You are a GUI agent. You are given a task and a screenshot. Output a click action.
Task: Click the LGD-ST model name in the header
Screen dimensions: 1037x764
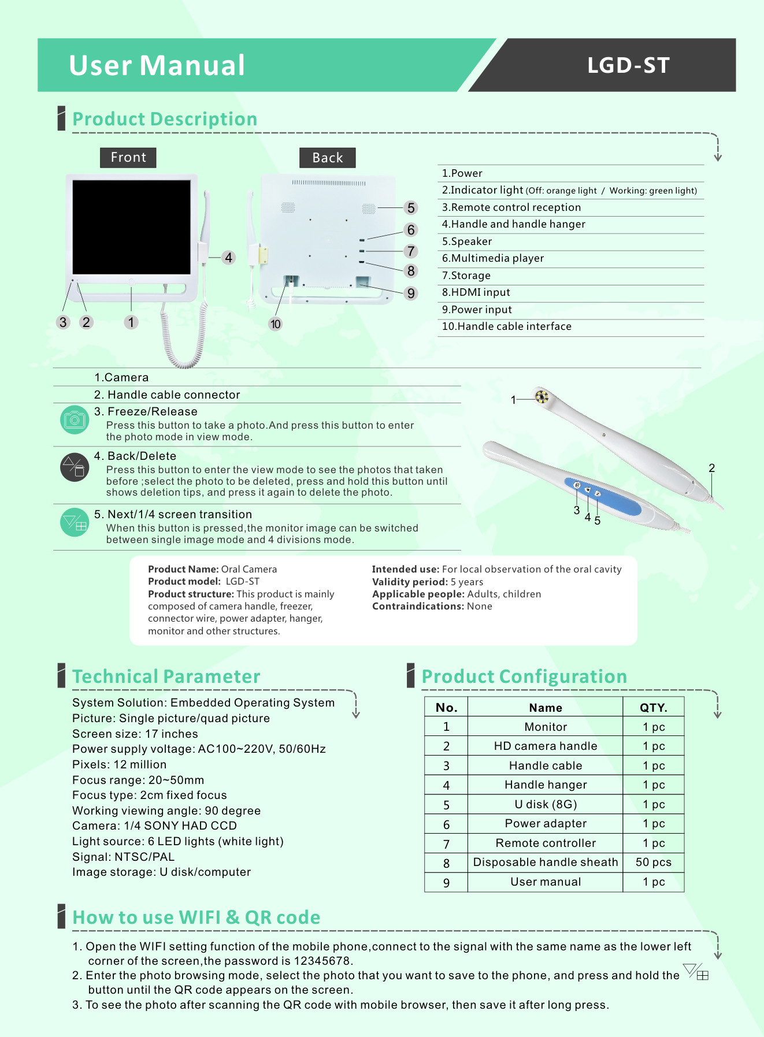[x=628, y=65]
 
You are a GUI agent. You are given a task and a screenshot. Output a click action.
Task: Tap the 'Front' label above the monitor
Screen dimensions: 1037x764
[x=128, y=157]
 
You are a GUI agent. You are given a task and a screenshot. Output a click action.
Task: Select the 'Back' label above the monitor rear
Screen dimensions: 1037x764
[x=327, y=158]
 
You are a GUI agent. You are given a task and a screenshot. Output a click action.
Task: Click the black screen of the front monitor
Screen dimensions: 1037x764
[x=131, y=226]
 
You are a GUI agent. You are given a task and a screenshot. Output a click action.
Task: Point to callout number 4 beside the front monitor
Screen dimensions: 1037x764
[x=229, y=258]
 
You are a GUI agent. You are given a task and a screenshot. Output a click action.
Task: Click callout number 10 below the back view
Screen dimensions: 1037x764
[x=276, y=324]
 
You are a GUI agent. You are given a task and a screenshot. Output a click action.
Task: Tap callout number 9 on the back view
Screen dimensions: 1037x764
[x=411, y=293]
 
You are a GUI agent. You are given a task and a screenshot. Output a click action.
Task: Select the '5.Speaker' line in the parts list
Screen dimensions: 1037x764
[x=467, y=241]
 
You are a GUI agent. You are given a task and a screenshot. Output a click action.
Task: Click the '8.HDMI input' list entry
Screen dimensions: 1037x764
[x=476, y=292]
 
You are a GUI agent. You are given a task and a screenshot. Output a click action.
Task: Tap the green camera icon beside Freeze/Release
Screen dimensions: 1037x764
[x=75, y=420]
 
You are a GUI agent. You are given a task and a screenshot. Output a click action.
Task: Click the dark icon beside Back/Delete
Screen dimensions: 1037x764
[x=75, y=467]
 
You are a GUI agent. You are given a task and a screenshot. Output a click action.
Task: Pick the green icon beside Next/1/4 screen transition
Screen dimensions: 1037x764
[x=75, y=522]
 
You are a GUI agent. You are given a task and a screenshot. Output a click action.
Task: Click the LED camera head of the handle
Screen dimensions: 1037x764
[x=542, y=396]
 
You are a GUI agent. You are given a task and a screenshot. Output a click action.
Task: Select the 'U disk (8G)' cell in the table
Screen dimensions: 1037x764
[x=546, y=804]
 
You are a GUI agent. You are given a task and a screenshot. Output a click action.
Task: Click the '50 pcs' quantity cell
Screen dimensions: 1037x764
[x=654, y=862]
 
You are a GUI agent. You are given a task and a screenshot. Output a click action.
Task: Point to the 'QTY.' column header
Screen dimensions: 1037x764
[x=654, y=708]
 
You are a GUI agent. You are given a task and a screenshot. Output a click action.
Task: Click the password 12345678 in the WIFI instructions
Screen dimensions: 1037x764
[x=322, y=961]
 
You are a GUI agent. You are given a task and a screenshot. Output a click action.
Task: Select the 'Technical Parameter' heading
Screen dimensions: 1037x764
[x=166, y=677]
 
